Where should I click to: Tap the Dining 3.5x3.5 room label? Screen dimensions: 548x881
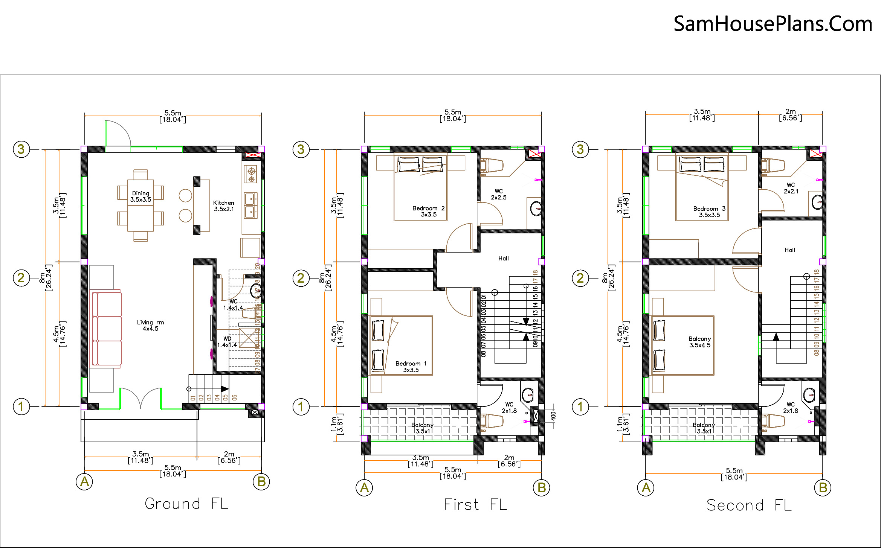pos(140,196)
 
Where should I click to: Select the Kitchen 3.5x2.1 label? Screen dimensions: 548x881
pos(224,206)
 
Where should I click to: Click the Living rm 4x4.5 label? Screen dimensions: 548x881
pos(150,326)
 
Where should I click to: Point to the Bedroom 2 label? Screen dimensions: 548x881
pos(428,211)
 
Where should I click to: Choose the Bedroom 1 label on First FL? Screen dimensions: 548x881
pos(411,367)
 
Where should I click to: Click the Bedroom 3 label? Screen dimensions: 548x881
pos(709,212)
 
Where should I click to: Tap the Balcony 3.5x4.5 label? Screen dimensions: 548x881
pos(699,342)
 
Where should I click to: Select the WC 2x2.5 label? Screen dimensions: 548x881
pos(498,194)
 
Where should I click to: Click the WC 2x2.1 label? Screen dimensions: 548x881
pos(791,188)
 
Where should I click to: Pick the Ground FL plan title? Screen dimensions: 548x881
pos(186,504)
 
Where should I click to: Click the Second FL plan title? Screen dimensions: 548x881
pos(749,505)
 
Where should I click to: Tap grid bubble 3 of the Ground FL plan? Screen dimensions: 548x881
pos(21,149)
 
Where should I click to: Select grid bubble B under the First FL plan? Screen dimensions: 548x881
pos(541,488)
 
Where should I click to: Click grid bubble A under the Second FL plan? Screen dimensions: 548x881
pos(646,488)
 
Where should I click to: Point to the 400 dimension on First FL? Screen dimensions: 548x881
pos(553,416)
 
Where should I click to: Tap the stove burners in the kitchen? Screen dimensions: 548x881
pos(251,175)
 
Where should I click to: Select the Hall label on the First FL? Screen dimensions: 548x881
pos(503,259)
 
